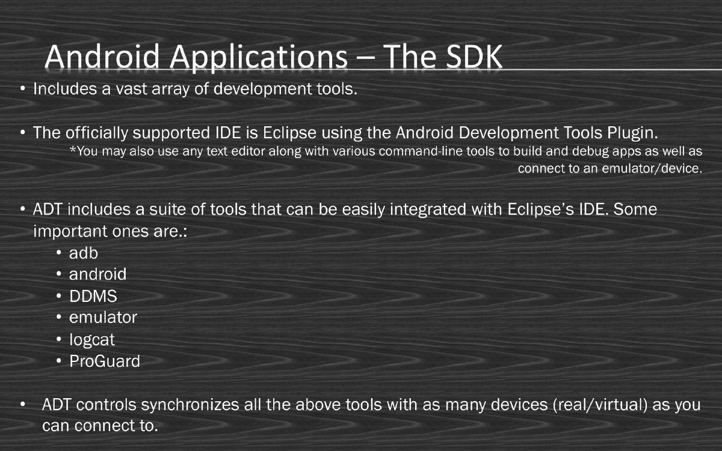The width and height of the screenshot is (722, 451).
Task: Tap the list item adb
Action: (83, 253)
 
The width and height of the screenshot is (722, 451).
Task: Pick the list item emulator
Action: (103, 317)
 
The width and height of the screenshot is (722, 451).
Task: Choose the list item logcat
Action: (91, 340)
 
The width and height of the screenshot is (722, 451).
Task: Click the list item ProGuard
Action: (104, 361)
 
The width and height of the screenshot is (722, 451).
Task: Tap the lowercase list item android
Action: (97, 275)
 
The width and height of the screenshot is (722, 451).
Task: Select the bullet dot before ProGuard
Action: (59, 361)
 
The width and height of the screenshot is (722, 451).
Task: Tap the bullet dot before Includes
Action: (22, 90)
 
